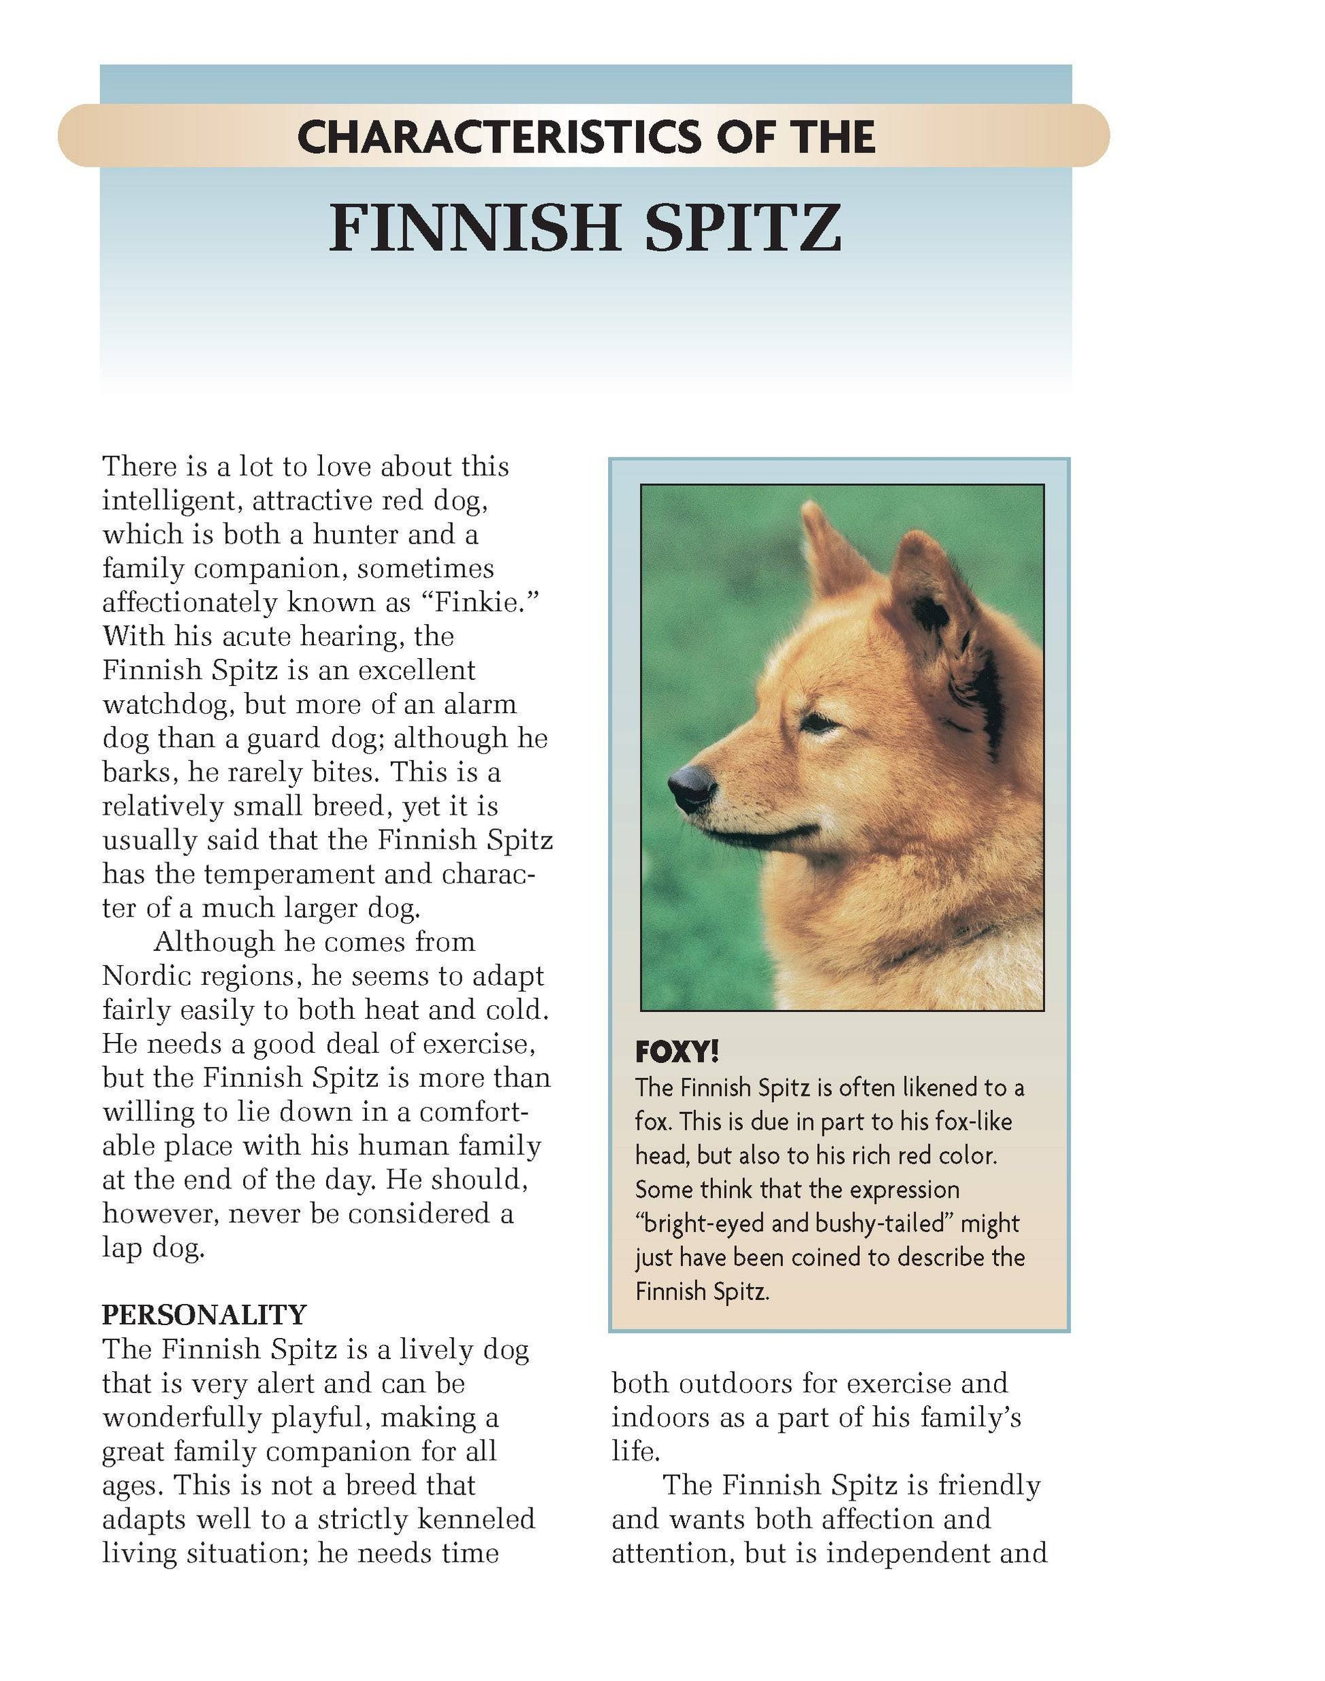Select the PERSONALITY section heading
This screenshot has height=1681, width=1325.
(x=205, y=1315)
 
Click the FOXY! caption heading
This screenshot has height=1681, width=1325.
(x=677, y=1052)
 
